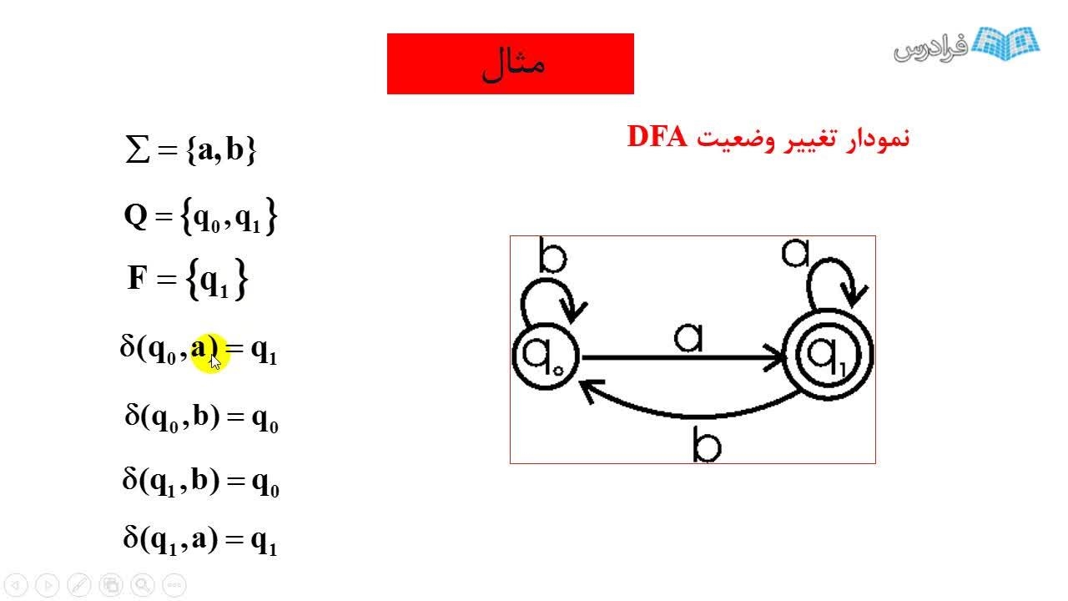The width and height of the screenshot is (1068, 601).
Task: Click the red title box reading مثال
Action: point(510,63)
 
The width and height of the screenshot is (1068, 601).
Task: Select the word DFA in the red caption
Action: point(656,137)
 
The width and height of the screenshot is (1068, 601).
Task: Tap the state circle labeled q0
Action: point(543,356)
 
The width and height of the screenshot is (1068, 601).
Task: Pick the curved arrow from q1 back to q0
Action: point(693,408)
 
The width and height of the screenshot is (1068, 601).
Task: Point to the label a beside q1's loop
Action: point(795,252)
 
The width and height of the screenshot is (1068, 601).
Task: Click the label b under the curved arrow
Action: point(707,445)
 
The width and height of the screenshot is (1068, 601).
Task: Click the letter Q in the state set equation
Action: point(135,217)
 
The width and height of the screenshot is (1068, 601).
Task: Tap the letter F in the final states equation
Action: point(137,278)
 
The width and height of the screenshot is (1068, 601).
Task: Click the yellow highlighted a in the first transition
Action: point(200,348)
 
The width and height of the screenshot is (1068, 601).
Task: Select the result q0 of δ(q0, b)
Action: point(264,417)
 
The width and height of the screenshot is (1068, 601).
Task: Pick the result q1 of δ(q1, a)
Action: point(264,542)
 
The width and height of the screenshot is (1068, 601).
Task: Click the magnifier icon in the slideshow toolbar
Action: point(142,585)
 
